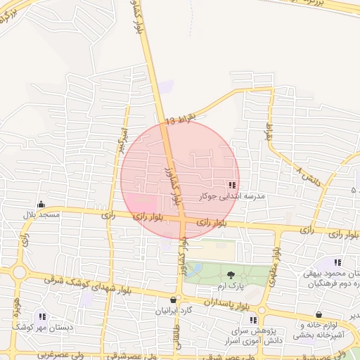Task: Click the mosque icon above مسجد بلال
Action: click(x=41, y=205)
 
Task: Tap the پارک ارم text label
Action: click(x=229, y=287)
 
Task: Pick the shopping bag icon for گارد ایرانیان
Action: click(x=173, y=299)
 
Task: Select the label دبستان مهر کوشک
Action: click(x=35, y=328)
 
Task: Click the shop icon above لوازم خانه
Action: click(x=320, y=314)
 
